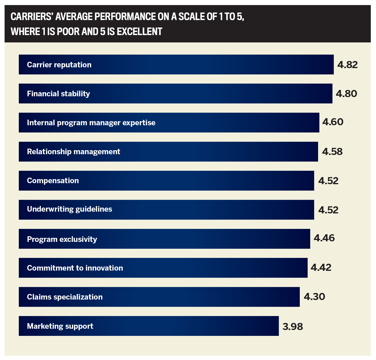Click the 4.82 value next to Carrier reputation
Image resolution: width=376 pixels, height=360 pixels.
(x=347, y=65)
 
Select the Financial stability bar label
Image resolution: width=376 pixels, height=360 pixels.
(x=58, y=94)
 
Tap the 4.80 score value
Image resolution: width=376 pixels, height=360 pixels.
(x=346, y=94)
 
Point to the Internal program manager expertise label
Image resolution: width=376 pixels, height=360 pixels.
(x=91, y=123)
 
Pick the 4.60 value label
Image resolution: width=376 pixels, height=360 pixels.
(x=333, y=122)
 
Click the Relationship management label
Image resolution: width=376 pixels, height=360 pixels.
(x=73, y=152)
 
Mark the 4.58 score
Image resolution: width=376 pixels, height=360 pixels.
(x=332, y=152)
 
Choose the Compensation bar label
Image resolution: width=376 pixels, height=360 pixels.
(x=53, y=181)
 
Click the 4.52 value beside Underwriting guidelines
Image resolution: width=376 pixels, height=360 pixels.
(x=328, y=210)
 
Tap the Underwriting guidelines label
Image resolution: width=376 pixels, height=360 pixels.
(x=69, y=209)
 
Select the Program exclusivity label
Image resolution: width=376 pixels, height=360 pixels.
(x=62, y=239)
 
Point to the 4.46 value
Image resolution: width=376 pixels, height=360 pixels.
(x=324, y=238)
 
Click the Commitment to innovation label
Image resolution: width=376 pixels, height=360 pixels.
(x=75, y=268)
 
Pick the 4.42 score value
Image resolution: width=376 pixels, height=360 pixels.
(x=321, y=268)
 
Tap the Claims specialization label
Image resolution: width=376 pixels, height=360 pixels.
(x=65, y=297)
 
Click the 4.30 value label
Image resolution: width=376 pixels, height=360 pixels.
(x=315, y=297)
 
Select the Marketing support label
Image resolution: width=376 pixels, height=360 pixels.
(x=60, y=326)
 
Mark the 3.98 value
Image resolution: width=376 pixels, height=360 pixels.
(x=293, y=326)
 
